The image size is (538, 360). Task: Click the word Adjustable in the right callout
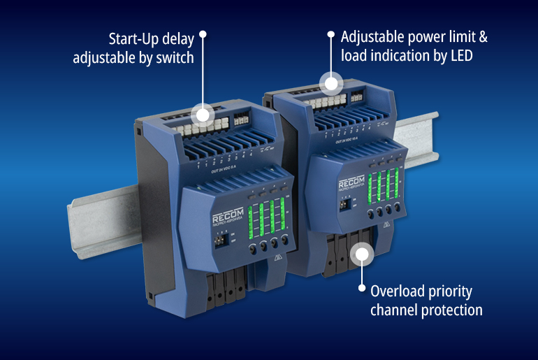(376, 35)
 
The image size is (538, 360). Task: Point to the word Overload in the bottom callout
(397, 291)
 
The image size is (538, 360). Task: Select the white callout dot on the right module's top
(332, 82)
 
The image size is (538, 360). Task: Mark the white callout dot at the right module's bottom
(361, 253)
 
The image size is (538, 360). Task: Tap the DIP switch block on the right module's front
(344, 205)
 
